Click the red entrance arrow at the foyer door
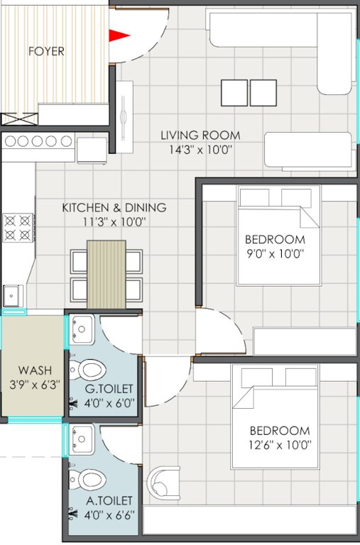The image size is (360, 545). (x=118, y=34)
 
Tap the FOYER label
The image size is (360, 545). (x=46, y=51)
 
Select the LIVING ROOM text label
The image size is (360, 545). (x=200, y=135)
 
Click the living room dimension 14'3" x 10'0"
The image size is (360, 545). (x=200, y=150)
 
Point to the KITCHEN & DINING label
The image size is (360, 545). (x=114, y=208)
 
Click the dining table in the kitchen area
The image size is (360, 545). (x=106, y=272)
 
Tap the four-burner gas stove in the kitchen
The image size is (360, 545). (x=18, y=227)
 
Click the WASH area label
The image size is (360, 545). (x=34, y=370)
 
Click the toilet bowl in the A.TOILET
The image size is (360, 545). (x=90, y=480)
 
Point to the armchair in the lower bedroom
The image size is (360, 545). (x=165, y=483)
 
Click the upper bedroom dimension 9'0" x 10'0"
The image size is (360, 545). (x=274, y=254)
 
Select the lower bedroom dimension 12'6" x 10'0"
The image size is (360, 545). (x=279, y=445)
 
